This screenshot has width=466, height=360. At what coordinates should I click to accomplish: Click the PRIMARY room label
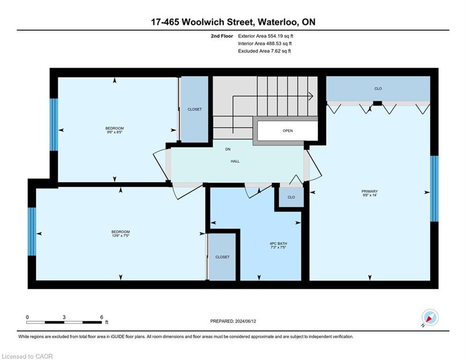(x=369, y=191)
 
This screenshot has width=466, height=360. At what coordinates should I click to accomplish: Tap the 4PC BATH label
(x=278, y=243)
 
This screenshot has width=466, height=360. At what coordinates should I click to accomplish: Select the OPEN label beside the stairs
(x=288, y=131)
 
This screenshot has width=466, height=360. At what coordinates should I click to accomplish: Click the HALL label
(x=235, y=161)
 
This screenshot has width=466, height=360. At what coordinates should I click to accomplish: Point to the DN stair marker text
(x=228, y=150)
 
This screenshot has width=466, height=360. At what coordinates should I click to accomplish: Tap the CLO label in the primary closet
(x=378, y=89)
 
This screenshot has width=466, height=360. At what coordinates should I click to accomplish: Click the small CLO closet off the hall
(x=291, y=197)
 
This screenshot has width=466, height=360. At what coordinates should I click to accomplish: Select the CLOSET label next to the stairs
(x=194, y=109)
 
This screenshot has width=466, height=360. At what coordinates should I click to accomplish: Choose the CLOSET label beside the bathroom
(x=222, y=257)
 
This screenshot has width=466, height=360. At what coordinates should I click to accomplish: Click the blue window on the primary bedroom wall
(x=434, y=188)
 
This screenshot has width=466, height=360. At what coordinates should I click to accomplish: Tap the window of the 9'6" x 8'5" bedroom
(x=54, y=124)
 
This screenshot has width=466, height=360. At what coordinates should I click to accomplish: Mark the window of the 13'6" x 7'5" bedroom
(x=32, y=231)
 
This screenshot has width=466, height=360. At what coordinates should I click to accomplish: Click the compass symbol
(x=429, y=318)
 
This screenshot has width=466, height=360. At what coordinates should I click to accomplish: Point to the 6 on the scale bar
(x=102, y=317)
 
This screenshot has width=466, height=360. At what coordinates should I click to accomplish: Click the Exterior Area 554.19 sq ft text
(x=266, y=36)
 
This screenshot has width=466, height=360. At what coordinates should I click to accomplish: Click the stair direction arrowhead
(x=311, y=96)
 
